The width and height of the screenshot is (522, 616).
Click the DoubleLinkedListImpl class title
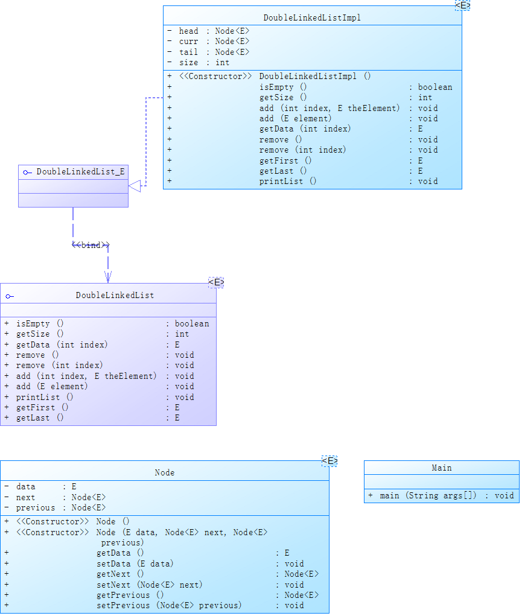point(312,18)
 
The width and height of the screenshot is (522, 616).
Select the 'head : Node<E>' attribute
point(214,31)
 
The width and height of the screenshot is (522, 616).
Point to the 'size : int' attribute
point(204,62)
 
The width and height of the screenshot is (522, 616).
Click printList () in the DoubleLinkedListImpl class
point(287,181)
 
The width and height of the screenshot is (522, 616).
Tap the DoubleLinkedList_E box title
point(80,172)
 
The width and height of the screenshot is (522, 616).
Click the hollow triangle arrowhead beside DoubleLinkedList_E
point(135,186)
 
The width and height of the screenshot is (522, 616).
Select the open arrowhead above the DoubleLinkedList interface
point(107,276)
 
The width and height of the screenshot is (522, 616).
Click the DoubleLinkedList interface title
point(115,296)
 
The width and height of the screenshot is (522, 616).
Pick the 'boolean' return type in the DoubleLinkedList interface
point(192,323)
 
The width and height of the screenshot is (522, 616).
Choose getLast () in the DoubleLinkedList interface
point(40,418)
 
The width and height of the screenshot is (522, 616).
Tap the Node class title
point(164,473)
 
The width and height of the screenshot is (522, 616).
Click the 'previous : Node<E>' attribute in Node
point(60,507)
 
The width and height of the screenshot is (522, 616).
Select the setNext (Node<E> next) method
point(149,585)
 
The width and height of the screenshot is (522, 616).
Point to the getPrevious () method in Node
point(130,595)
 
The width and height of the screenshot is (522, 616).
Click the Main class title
point(441,468)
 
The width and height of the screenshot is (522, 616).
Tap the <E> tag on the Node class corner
point(329,462)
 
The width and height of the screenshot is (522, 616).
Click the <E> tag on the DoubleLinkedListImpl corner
point(462,5)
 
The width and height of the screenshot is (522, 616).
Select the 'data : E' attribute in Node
point(46,486)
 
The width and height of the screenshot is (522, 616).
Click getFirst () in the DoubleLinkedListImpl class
point(285,160)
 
